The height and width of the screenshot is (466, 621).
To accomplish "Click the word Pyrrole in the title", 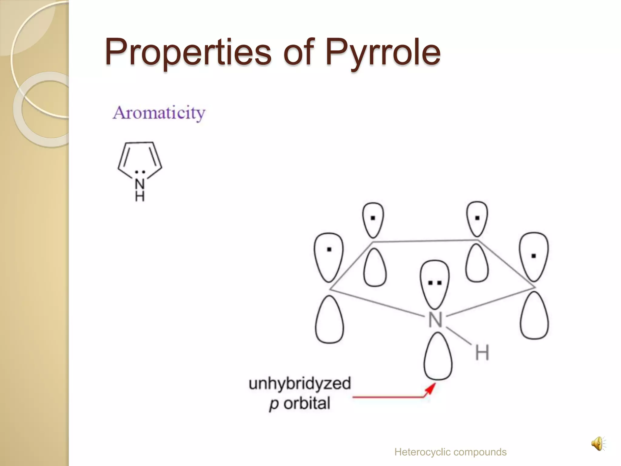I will click(383, 52).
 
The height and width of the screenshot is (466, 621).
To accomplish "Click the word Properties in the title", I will click(188, 52).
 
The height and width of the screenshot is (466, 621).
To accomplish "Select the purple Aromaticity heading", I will click(159, 113).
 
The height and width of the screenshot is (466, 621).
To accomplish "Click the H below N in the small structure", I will click(140, 197).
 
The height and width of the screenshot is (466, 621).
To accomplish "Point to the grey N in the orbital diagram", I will click(435, 320).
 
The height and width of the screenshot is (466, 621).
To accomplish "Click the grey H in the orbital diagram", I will click(482, 353).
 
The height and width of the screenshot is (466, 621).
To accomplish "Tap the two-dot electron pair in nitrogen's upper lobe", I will click(435, 283).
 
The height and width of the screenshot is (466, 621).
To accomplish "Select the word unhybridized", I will click(300, 384).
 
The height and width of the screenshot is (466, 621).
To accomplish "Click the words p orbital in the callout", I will click(300, 404).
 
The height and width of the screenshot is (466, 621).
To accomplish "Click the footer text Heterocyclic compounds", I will click(450, 452).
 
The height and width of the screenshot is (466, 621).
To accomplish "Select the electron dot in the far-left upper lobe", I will click(329, 250).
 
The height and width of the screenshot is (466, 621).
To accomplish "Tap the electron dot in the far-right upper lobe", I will click(534, 256).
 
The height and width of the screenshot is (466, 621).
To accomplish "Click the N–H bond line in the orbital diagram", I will click(458, 336).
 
